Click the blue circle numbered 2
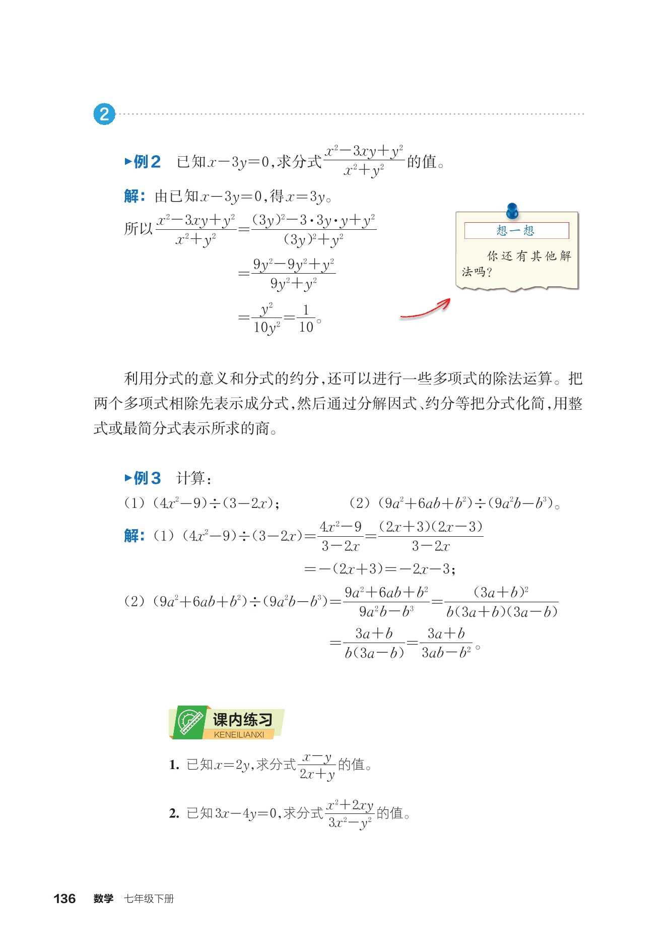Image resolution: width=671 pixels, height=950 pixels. (x=104, y=114)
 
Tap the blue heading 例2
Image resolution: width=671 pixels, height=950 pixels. (x=143, y=162)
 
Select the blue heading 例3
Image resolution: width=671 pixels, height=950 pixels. (x=143, y=478)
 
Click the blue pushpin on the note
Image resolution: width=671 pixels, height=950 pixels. (x=512, y=210)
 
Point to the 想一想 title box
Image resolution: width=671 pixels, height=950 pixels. (x=516, y=230)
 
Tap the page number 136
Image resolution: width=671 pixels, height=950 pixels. (x=64, y=899)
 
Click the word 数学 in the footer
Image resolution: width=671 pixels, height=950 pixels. (x=103, y=899)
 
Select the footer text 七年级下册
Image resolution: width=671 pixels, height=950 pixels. (x=149, y=899)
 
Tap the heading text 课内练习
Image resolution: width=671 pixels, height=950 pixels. (x=242, y=719)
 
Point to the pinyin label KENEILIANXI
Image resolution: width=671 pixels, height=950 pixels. (x=239, y=735)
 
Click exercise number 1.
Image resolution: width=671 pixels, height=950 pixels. (x=174, y=765)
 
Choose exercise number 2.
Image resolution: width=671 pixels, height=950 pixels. (x=174, y=813)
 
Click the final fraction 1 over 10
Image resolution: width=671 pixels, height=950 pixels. (x=306, y=319)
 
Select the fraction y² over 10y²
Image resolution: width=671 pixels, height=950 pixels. (x=266, y=319)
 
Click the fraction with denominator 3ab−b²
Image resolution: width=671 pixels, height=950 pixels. (x=446, y=643)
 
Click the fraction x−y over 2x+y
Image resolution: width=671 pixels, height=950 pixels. (x=317, y=766)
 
